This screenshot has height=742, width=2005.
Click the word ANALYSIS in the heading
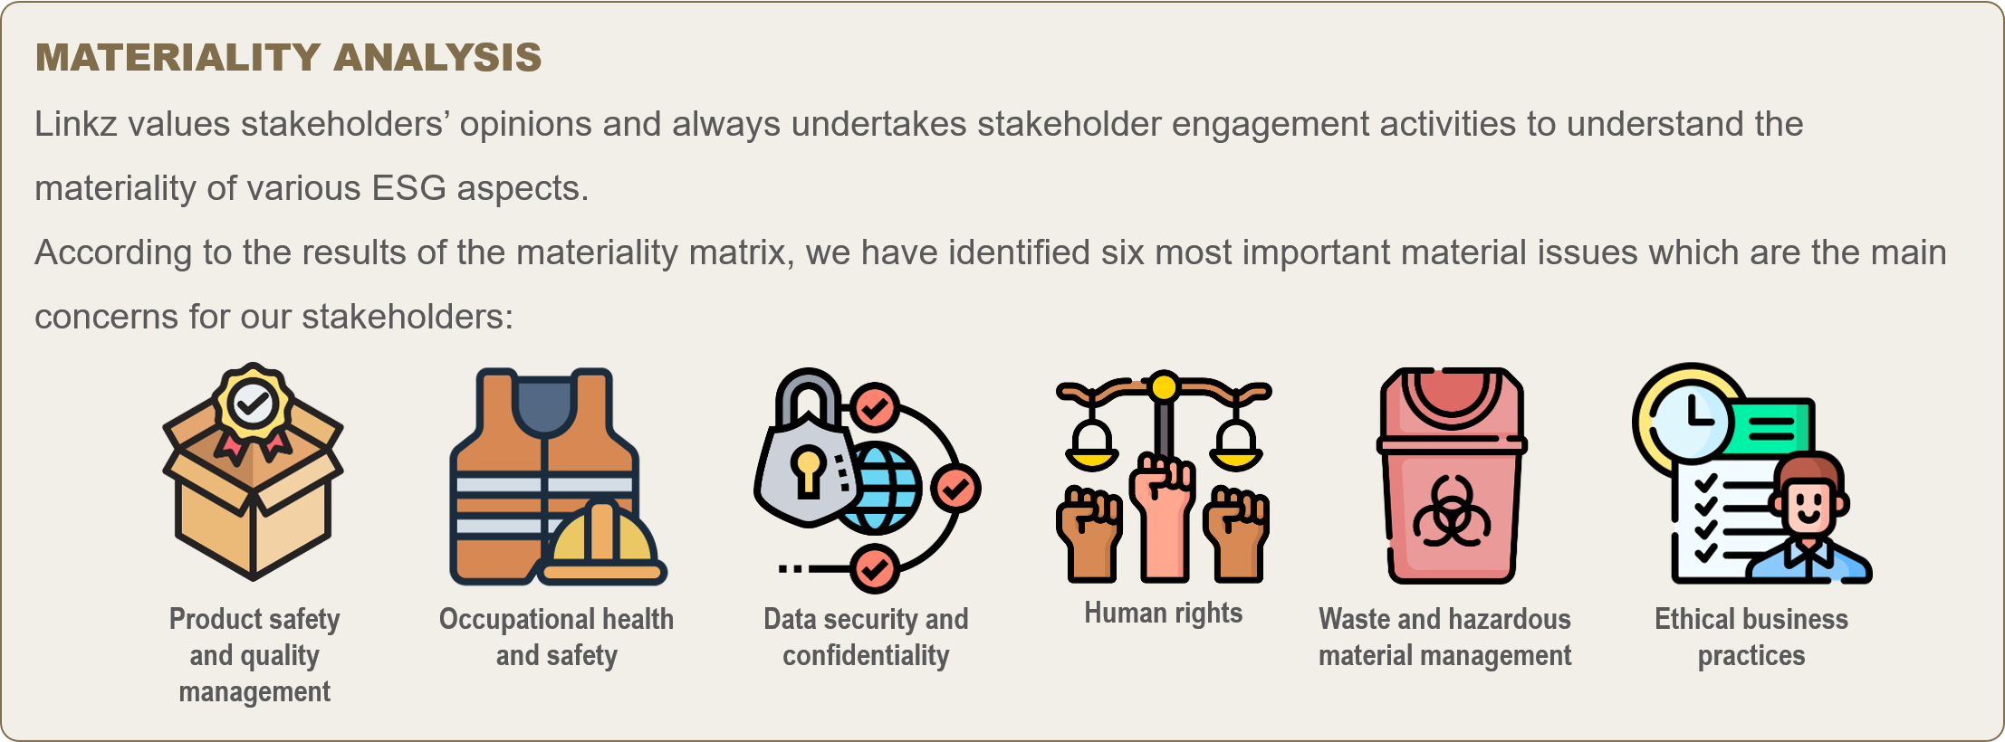[x=437, y=58]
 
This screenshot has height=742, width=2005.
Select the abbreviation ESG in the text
[x=408, y=188]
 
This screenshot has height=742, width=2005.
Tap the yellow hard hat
[x=602, y=543]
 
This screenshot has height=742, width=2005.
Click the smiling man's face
[x=1808, y=503]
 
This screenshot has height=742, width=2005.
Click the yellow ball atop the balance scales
[x=1164, y=387]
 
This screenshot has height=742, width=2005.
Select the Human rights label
[x=1164, y=613]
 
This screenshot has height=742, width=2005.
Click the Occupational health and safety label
[x=556, y=637]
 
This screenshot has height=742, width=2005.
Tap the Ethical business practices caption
[x=1751, y=637]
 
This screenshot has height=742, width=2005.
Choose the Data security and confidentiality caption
[x=866, y=637]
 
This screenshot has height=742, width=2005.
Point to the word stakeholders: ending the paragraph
[x=408, y=317]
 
